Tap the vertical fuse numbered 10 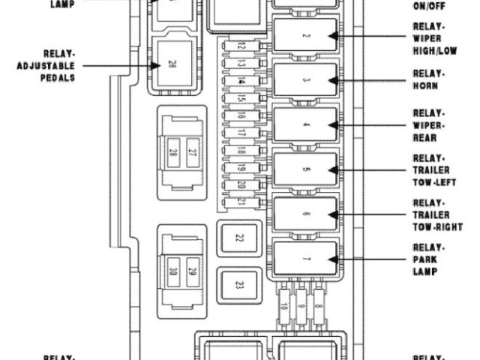point(284,307)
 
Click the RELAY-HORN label point(429,79)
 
